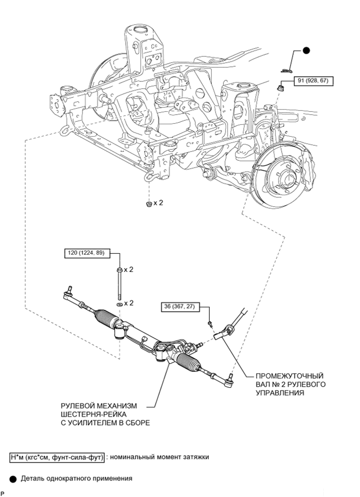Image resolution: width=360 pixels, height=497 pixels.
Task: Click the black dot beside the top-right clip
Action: click(306, 50)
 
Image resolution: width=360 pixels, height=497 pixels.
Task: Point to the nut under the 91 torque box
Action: click(281, 88)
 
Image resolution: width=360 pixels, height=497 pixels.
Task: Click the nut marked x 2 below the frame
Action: click(148, 204)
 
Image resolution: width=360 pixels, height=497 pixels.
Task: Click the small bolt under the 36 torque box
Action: click(210, 324)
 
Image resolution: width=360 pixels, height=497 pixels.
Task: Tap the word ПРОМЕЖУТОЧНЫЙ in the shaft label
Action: click(290, 376)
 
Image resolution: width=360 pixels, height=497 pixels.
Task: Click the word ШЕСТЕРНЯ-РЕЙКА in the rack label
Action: click(93, 415)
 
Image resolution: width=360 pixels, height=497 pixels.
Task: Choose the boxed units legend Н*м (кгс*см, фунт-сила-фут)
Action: click(57, 457)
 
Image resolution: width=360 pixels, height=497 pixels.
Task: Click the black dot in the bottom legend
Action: click(13, 479)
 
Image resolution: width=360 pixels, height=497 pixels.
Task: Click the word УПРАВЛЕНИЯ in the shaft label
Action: click(280, 393)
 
